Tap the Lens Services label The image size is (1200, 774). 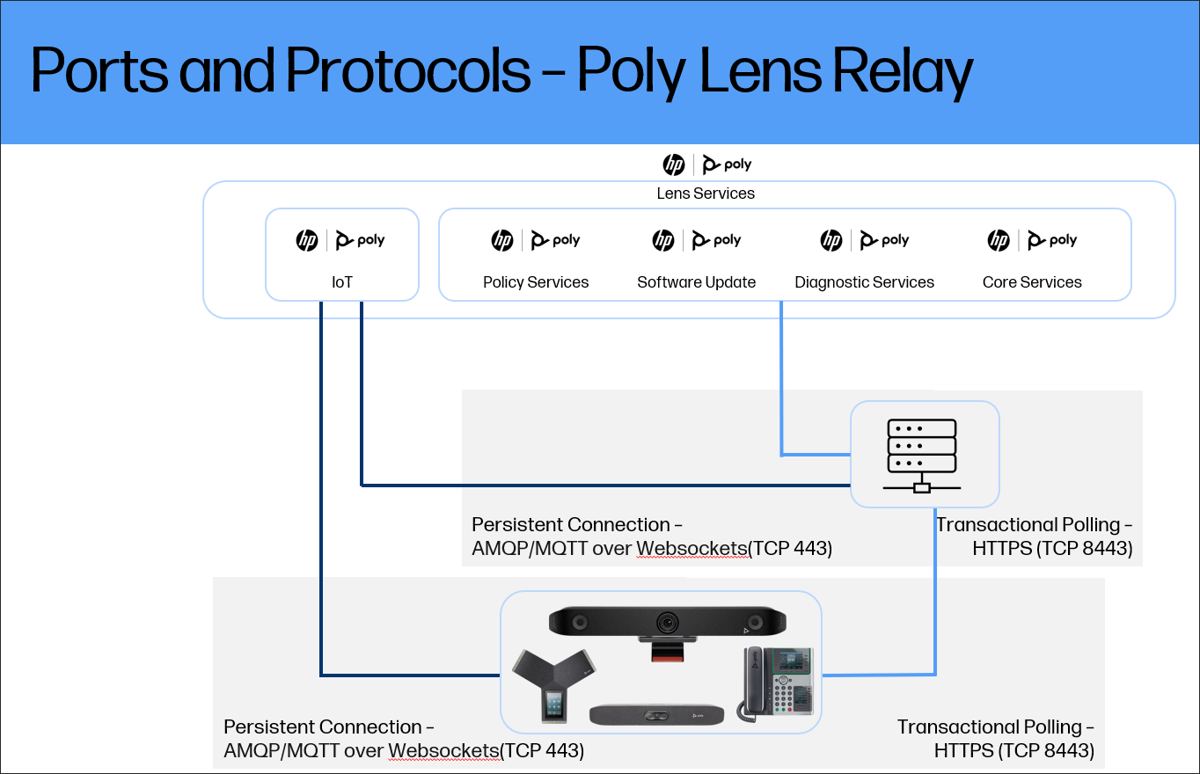(x=706, y=193)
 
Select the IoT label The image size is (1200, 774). (x=341, y=282)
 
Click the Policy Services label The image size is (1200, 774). (x=536, y=282)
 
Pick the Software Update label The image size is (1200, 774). (x=696, y=282)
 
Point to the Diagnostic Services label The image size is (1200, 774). (x=864, y=282)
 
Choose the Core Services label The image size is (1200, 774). (x=1032, y=282)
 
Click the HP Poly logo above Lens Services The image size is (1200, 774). (x=706, y=164)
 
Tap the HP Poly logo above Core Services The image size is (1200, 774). (x=1031, y=240)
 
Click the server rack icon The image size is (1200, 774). (x=922, y=455)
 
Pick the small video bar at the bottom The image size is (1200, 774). (x=656, y=714)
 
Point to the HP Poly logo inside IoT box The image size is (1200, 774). (x=341, y=240)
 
